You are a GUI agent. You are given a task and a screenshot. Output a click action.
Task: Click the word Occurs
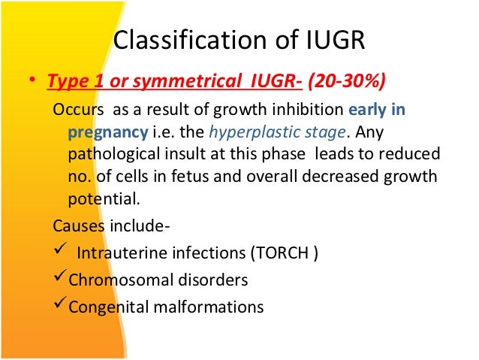pyautogui.click(x=75, y=111)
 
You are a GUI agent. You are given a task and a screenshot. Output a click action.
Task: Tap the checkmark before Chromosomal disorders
pyautogui.click(x=60, y=278)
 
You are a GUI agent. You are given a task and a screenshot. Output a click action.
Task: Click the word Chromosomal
pyautogui.click(x=118, y=280)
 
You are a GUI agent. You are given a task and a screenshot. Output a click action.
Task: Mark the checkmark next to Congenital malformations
pyautogui.click(x=60, y=305)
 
